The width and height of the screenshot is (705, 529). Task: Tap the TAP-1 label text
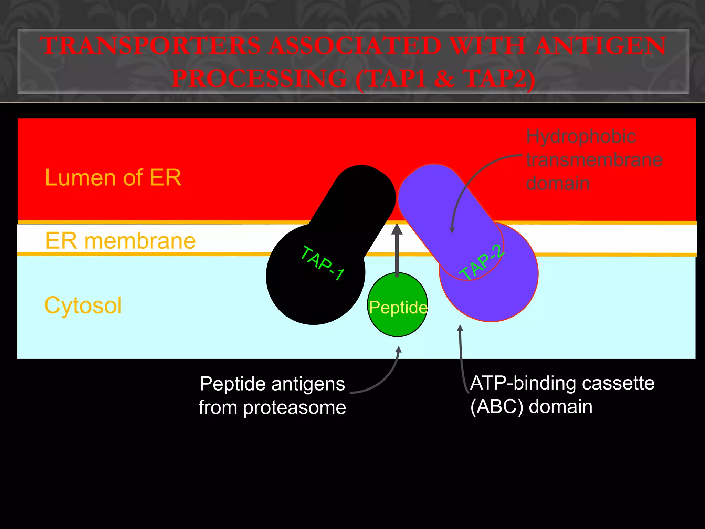322,263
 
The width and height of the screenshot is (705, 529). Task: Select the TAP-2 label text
483,263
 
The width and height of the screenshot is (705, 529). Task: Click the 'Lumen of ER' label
113,178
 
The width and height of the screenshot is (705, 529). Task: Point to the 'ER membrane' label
120,241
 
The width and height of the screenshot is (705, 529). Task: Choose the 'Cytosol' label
83,305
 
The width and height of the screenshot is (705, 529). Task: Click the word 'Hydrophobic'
581,136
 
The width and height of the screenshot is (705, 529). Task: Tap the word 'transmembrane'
594,160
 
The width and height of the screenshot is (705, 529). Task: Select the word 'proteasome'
294,408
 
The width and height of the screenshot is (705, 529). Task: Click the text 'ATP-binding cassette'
562,383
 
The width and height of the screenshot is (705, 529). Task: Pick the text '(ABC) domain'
531,407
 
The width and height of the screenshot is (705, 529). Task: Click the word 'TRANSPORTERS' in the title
150,46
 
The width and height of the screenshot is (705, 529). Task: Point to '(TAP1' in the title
391,79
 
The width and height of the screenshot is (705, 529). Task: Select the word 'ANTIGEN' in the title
601,46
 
